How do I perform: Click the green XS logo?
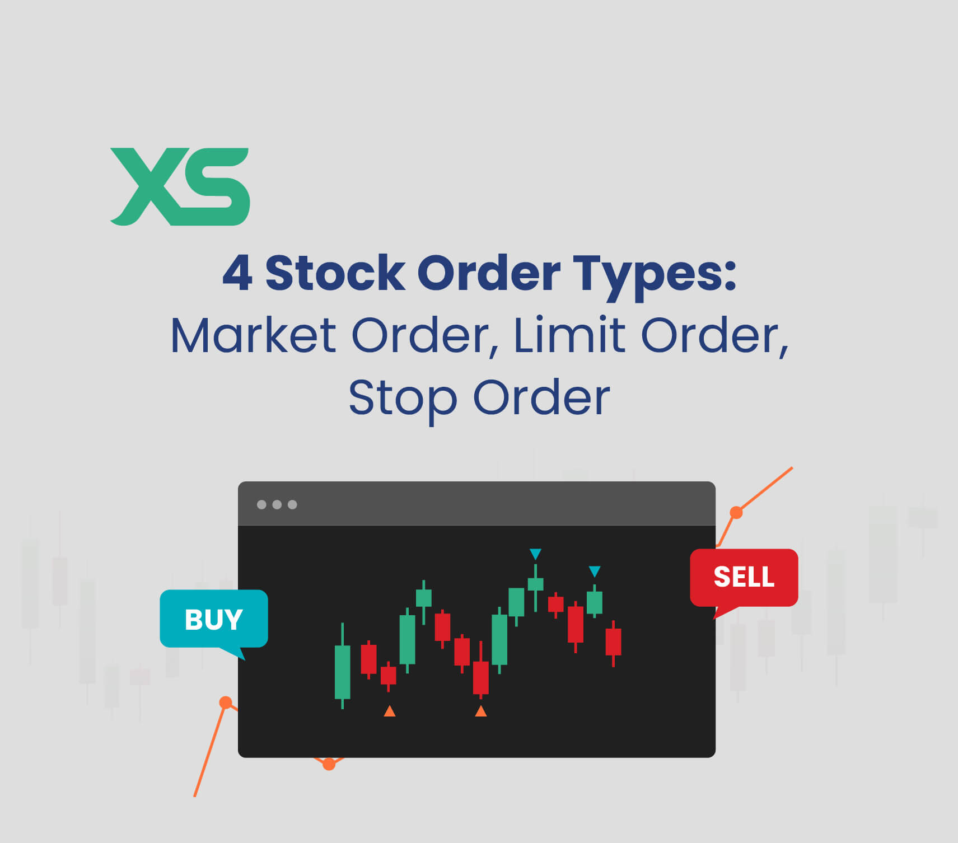click(180, 186)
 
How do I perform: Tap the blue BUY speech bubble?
click(213, 619)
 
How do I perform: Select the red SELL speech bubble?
click(744, 577)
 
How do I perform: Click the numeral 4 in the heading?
click(237, 273)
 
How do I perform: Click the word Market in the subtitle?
click(253, 336)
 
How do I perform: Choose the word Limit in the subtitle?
click(569, 336)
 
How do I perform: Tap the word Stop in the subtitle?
click(403, 399)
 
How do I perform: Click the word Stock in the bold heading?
click(335, 273)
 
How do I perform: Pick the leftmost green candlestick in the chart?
click(342, 671)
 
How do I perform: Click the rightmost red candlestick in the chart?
click(613, 641)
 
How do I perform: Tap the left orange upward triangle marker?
click(390, 711)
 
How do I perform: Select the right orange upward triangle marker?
click(480, 711)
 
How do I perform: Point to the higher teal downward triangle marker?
click(535, 554)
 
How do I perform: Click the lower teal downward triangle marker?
click(595, 572)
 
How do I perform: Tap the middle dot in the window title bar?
click(277, 504)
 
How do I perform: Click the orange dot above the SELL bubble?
click(736, 512)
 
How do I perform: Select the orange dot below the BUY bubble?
click(226, 702)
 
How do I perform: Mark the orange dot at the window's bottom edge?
click(329, 764)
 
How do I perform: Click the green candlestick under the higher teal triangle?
click(535, 584)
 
